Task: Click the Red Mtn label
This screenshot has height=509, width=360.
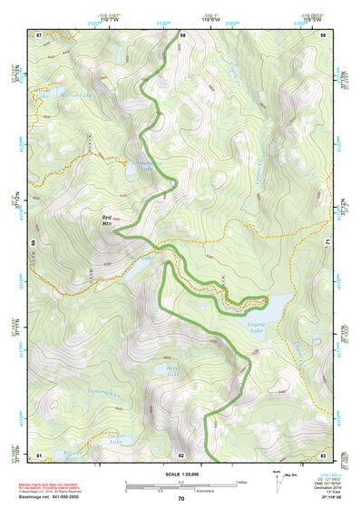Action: click(x=108, y=220)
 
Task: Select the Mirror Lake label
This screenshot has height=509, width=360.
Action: click(x=51, y=93)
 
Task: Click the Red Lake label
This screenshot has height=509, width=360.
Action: click(x=144, y=257)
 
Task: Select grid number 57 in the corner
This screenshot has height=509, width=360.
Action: click(x=39, y=34)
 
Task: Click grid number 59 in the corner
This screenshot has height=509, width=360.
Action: click(x=324, y=34)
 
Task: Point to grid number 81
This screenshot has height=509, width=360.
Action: click(x=39, y=454)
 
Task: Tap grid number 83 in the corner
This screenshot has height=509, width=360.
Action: click(x=324, y=454)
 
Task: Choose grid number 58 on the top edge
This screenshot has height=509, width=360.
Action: click(x=182, y=34)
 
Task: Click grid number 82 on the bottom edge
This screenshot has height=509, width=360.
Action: click(x=181, y=454)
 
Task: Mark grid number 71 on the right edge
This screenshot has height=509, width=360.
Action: click(x=327, y=243)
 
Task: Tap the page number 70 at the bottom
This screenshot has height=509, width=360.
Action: click(x=181, y=499)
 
